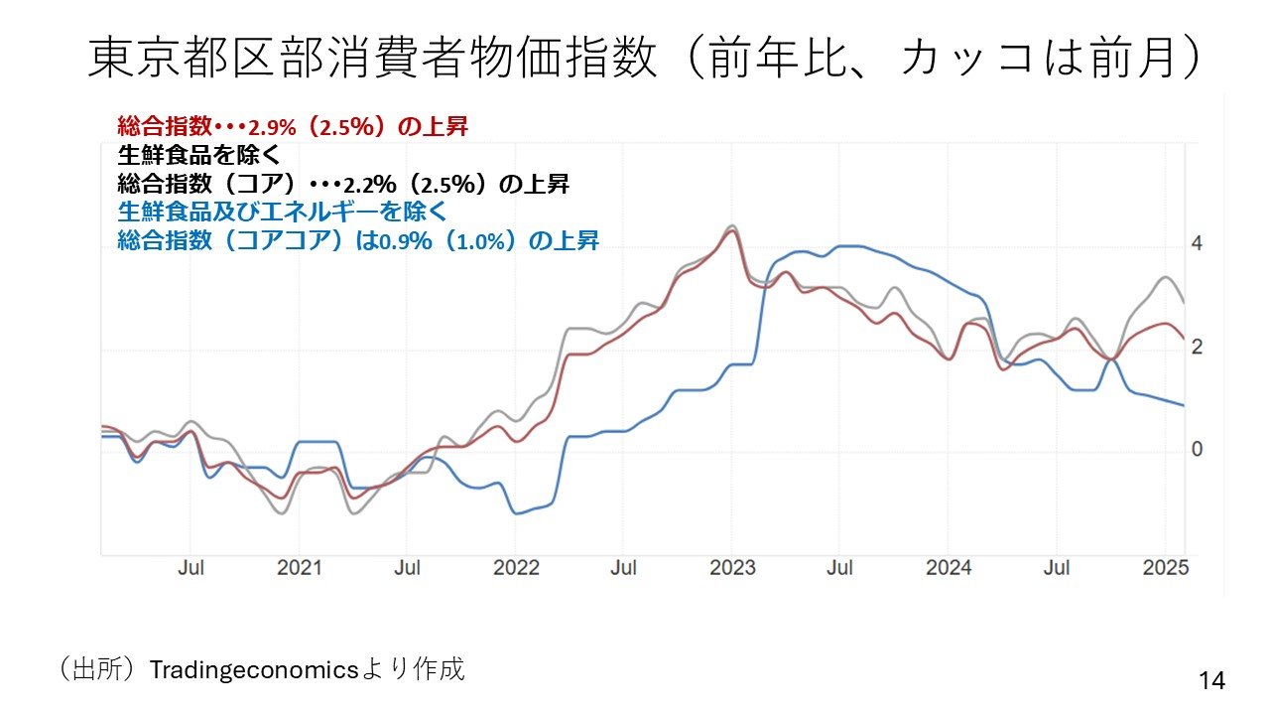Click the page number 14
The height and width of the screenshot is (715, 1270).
coord(1211,680)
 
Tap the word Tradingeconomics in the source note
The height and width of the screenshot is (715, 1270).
coord(253,669)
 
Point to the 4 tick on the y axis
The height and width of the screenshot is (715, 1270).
coord(1197,244)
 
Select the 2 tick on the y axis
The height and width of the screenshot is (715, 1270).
coord(1197,347)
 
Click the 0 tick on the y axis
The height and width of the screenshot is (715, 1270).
coord(1197,450)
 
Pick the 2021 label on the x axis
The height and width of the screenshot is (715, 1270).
coord(299,568)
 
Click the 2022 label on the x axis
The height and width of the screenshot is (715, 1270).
coord(516,568)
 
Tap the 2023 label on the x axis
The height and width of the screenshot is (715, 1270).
coord(732,568)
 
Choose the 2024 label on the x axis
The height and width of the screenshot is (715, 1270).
coord(949,568)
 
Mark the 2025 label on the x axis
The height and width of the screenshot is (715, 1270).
coord(1166,568)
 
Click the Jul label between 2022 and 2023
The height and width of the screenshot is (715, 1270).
coord(624,568)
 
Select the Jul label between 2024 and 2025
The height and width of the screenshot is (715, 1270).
coord(1058,568)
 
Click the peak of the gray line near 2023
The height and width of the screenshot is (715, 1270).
coord(731,225)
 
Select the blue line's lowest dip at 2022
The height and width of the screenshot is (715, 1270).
coord(516,513)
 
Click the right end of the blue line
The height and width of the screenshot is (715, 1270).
coord(1183,405)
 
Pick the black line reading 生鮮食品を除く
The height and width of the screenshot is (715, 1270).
coord(199,156)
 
